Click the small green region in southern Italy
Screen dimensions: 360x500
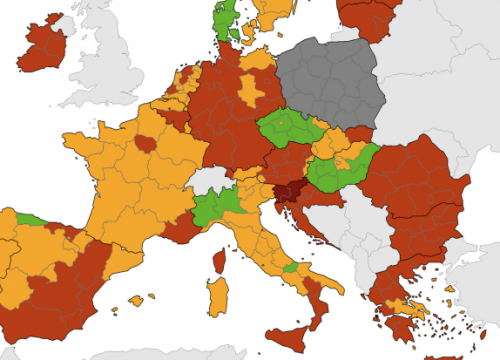[x=291, y=268]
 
